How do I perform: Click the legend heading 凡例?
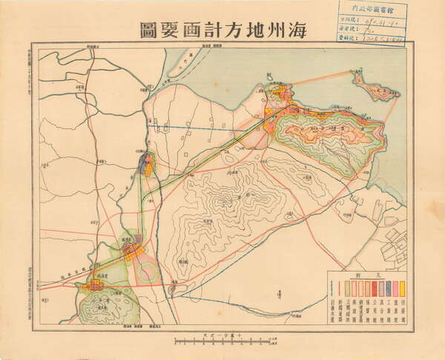pyautogui.click(x=367, y=275)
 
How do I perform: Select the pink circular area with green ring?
pyautogui.click(x=148, y=270)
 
